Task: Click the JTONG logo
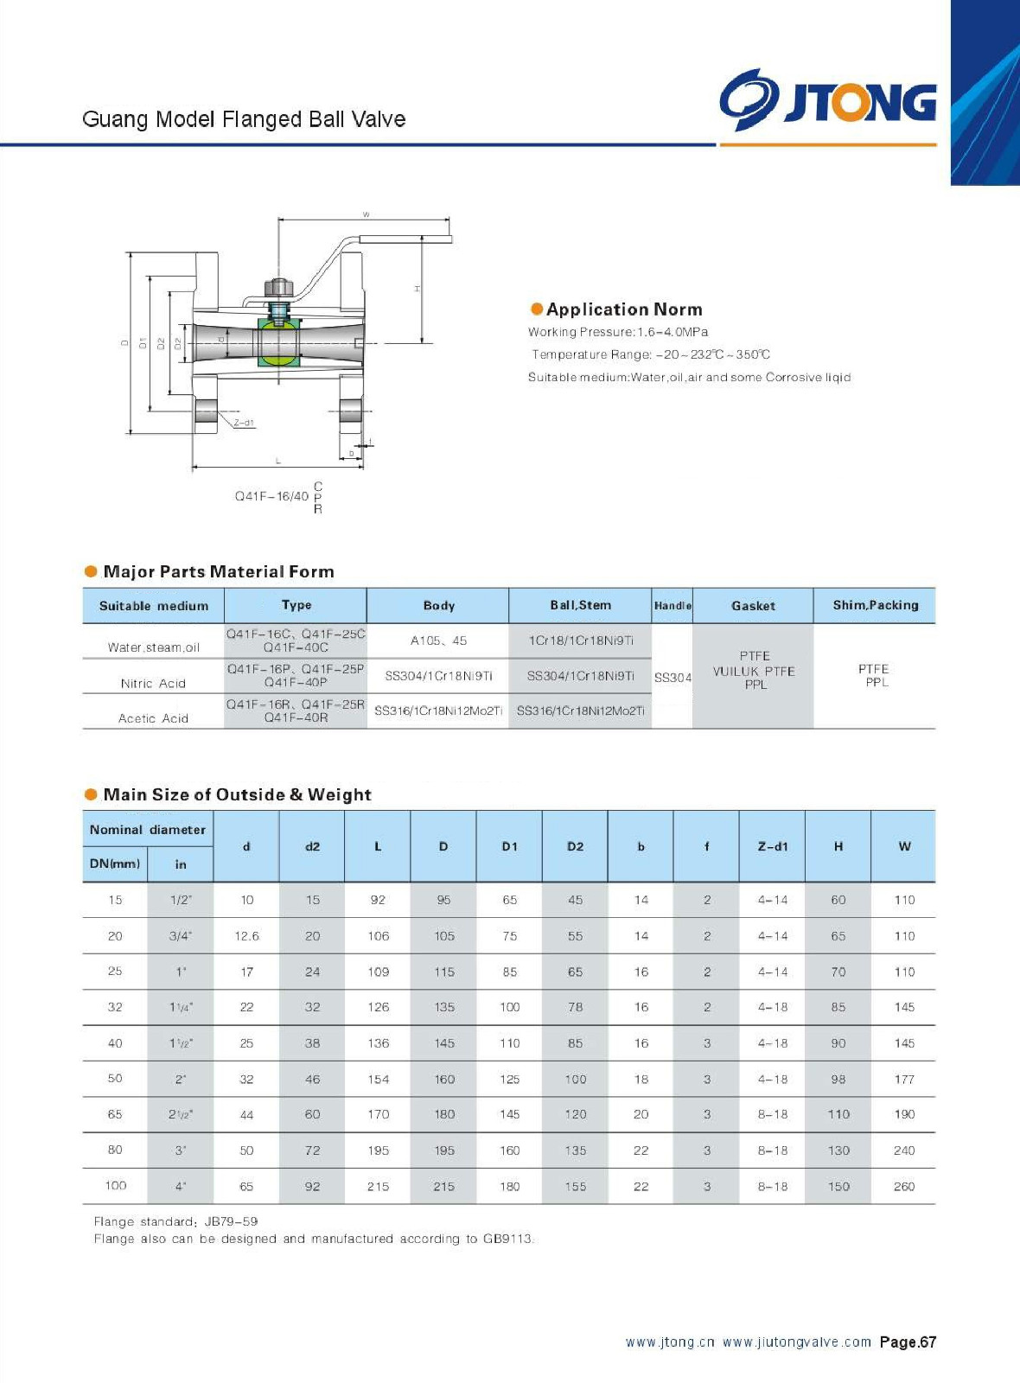click(x=827, y=101)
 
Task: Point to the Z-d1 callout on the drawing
click(x=244, y=423)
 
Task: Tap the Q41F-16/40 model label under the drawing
click(x=271, y=496)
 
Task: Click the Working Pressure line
click(x=618, y=332)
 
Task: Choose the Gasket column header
click(x=753, y=606)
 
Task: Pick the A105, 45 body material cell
click(x=438, y=641)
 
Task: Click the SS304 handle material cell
click(x=673, y=678)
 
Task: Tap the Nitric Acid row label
click(x=153, y=684)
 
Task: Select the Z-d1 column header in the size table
click(x=773, y=846)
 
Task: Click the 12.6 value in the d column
click(x=246, y=936)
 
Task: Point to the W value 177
click(x=904, y=1080)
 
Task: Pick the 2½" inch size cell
click(x=181, y=1115)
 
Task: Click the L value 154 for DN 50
click(x=378, y=1080)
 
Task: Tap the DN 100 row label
click(x=115, y=1186)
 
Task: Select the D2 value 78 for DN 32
click(x=575, y=1007)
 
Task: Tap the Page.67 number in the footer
click(x=908, y=1342)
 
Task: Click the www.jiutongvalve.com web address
click(x=796, y=1342)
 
